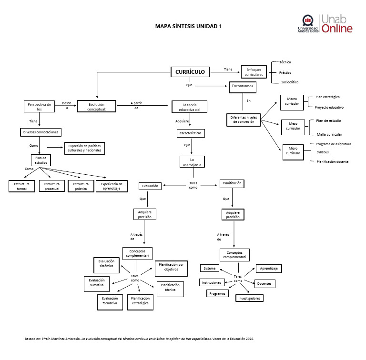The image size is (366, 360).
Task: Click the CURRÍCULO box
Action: coord(190,72)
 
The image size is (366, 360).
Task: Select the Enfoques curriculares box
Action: coord(254,72)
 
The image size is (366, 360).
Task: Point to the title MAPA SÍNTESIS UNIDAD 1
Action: coord(189,27)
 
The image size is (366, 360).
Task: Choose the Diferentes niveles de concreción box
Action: coord(246,120)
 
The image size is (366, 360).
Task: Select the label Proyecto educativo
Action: coord(329,107)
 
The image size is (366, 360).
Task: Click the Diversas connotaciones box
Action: coord(42,132)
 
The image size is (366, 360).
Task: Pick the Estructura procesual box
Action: coord(52,186)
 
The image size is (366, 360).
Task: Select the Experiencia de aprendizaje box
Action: coord(112,186)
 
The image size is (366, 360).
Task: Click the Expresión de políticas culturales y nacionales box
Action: coord(84,149)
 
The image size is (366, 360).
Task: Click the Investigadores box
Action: coord(249,299)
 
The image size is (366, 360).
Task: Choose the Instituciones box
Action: coord(212,283)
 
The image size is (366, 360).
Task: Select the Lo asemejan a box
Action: coord(192,162)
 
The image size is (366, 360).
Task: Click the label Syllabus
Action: coord(323,152)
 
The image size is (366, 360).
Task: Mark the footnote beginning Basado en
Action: coord(139,339)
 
